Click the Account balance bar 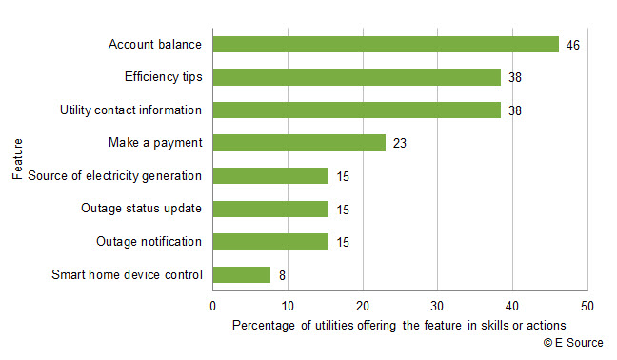coord(386,45)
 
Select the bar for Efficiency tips coord(356,77)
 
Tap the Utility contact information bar coord(356,110)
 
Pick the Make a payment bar coord(299,143)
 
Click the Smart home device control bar coord(242,275)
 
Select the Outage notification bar coord(270,242)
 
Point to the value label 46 coord(572,45)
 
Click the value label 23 coord(399,143)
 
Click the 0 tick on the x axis coord(212,306)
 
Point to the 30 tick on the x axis coord(437,306)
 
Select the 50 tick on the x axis coord(587,306)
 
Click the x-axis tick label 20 coord(362,306)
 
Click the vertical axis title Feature coord(17,160)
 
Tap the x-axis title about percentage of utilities coord(399,325)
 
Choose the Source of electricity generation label coord(115,176)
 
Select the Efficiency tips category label coord(163,77)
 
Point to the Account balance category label coord(155,45)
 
